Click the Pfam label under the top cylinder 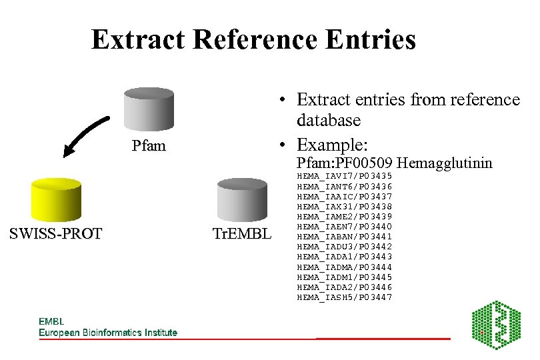tap(148, 145)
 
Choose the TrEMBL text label tap(241, 233)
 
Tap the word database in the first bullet tap(329, 121)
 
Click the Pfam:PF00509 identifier tap(345, 163)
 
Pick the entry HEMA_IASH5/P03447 tap(344, 297)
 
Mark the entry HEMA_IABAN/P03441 tap(344, 237)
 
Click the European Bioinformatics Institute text tap(108, 332)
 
